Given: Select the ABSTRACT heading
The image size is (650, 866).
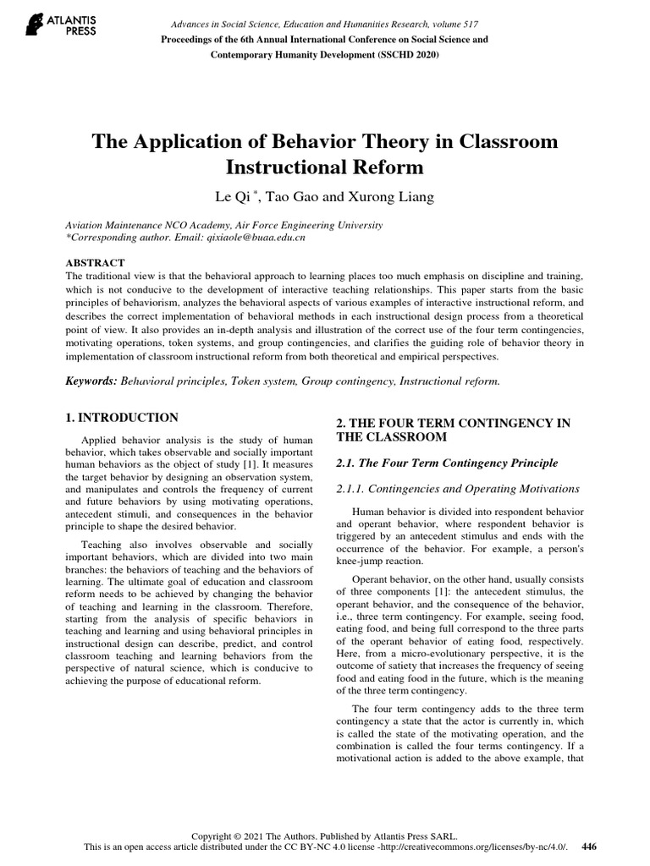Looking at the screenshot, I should [x=95, y=264].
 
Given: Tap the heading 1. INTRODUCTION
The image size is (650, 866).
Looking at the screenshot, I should [x=122, y=418].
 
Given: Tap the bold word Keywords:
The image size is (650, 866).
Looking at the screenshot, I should [x=92, y=381].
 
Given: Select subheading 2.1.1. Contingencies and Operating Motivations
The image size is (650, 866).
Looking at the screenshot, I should [x=458, y=489].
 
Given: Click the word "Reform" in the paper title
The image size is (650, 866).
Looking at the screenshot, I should [x=390, y=168].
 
